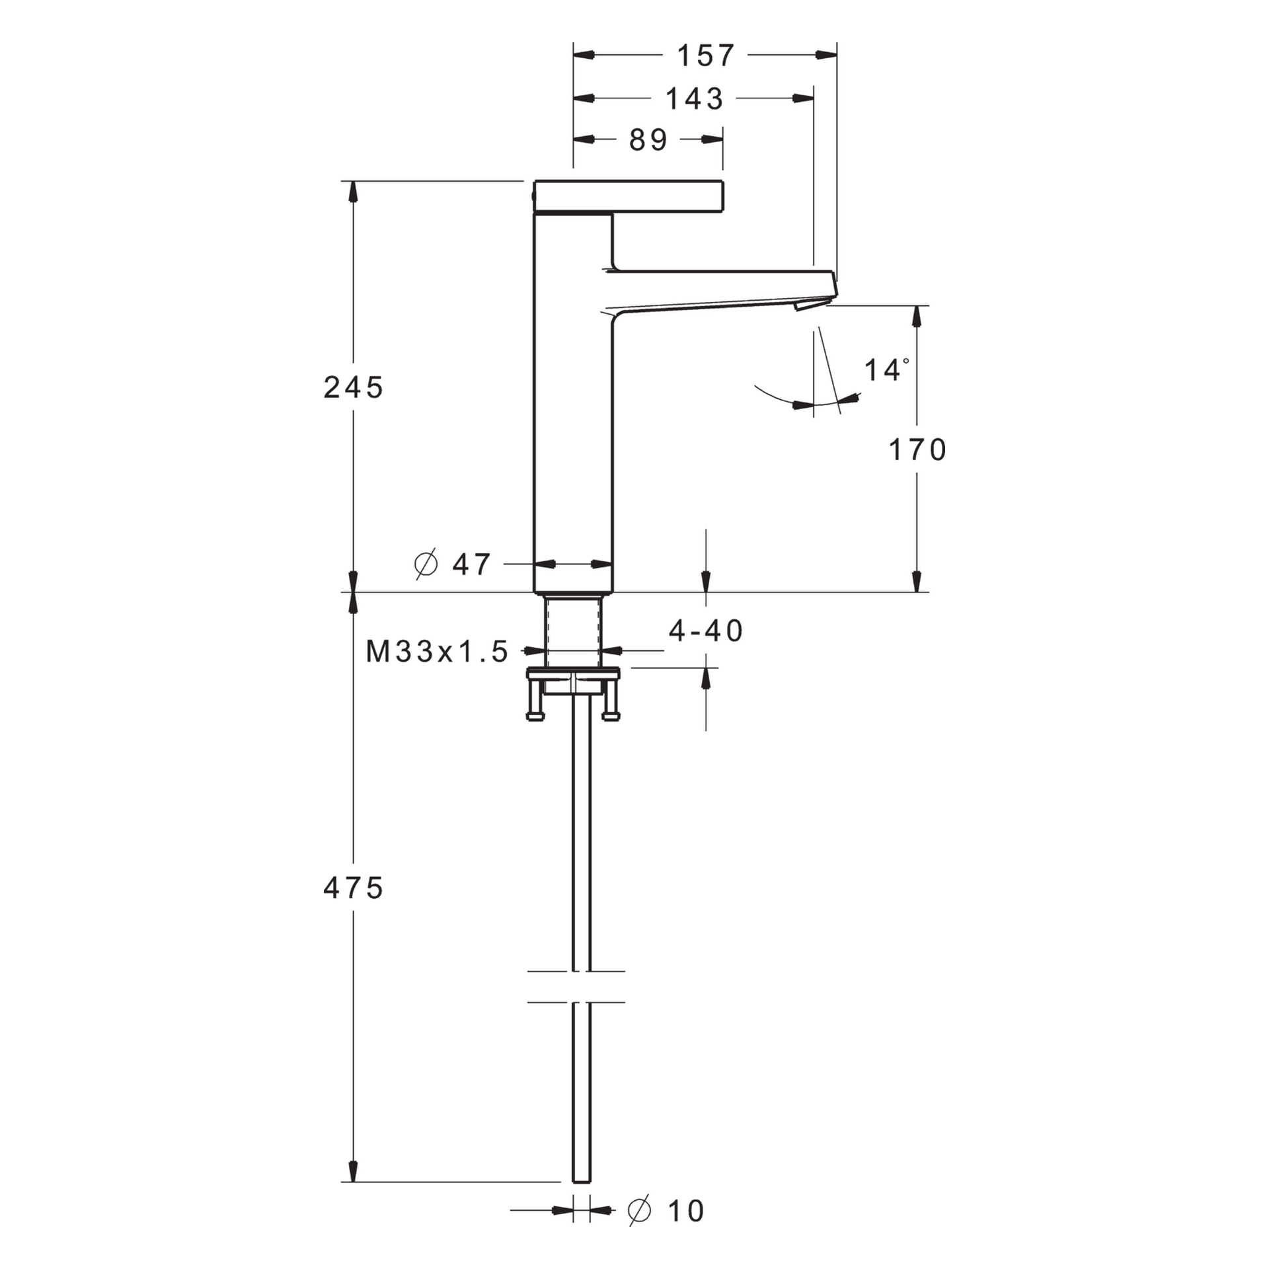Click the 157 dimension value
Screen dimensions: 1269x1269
[x=705, y=56]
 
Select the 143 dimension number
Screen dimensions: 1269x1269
[x=695, y=98]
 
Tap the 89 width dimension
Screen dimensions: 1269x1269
[x=648, y=139]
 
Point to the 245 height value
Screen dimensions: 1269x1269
[x=353, y=387]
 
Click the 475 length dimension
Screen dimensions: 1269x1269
[x=353, y=888]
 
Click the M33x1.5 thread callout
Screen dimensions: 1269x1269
[x=437, y=652]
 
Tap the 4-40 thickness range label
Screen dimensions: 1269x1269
[x=706, y=631]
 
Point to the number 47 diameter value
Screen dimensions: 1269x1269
[x=471, y=564]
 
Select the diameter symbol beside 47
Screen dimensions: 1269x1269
[x=426, y=564]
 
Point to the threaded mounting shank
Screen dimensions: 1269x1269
[x=573, y=631]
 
